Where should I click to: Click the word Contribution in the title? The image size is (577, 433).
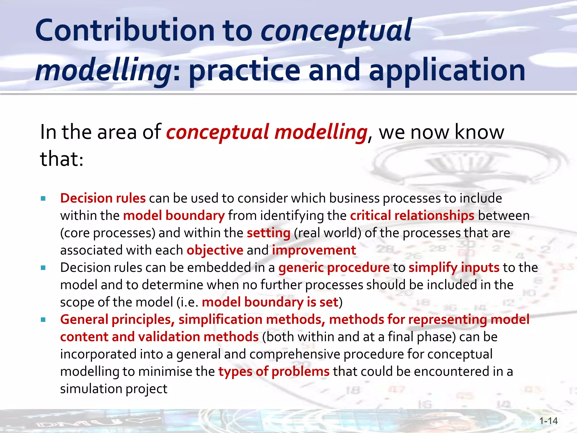tap(125, 30)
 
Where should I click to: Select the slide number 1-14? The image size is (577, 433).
tap(548, 421)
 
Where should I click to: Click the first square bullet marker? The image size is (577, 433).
tap(43, 198)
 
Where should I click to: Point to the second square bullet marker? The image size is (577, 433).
tap(43, 268)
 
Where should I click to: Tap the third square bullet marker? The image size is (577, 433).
tap(43, 320)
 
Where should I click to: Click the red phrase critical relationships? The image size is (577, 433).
tap(412, 216)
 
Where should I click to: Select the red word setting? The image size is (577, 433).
tap(268, 233)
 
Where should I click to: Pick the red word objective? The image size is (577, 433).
tap(215, 250)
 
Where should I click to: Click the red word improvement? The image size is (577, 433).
tap(314, 250)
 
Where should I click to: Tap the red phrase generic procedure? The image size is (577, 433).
tap(334, 268)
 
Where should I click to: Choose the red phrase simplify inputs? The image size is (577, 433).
tap(454, 268)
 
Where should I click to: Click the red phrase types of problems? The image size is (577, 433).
tap(274, 372)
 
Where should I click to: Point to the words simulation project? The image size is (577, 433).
tap(114, 389)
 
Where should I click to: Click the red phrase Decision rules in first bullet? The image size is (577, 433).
tap(103, 198)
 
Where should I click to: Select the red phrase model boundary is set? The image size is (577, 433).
tap(270, 302)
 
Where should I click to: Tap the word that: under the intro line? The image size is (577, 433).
tap(62, 159)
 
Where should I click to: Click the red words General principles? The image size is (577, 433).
tap(117, 320)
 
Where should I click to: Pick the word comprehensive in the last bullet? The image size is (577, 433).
tap(295, 354)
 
